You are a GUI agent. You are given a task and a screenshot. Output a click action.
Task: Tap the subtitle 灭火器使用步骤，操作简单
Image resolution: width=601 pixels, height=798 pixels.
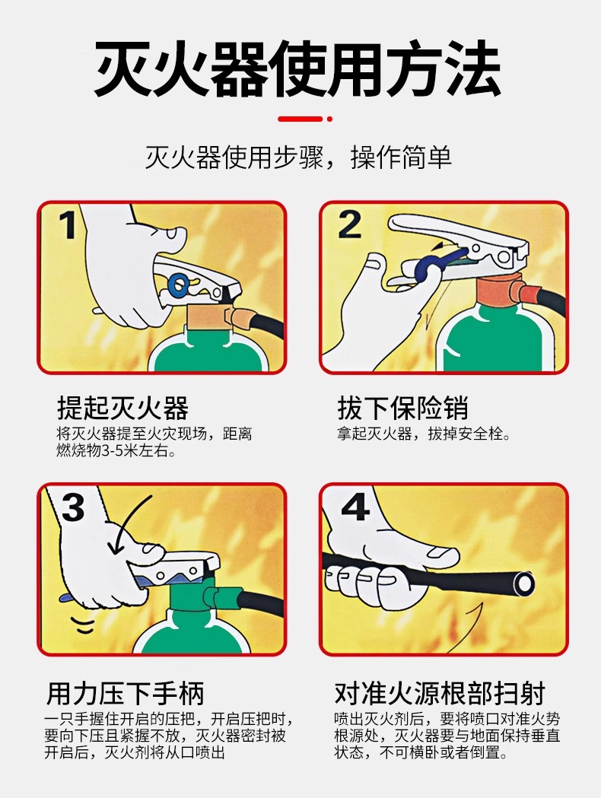299,157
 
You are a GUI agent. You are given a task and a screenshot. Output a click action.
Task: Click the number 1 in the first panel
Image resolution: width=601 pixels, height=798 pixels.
68,224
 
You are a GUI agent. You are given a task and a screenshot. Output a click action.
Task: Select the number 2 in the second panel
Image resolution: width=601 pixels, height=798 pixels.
350,224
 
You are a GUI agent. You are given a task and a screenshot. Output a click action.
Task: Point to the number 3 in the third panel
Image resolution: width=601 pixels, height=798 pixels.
73,507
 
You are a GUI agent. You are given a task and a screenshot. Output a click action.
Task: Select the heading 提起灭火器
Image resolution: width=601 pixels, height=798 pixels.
122,409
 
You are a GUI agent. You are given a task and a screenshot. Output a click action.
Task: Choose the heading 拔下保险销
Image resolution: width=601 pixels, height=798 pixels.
402,409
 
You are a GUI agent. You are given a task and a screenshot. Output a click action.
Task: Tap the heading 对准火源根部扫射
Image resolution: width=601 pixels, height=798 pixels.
440,693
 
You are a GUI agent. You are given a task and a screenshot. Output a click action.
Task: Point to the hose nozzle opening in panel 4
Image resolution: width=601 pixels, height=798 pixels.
523,583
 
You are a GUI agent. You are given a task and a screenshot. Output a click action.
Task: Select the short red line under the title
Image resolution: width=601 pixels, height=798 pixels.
300,119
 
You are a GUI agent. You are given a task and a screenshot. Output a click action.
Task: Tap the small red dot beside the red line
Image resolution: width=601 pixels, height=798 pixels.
329,119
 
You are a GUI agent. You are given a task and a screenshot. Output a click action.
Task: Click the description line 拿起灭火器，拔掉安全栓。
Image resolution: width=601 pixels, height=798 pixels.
424,434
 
